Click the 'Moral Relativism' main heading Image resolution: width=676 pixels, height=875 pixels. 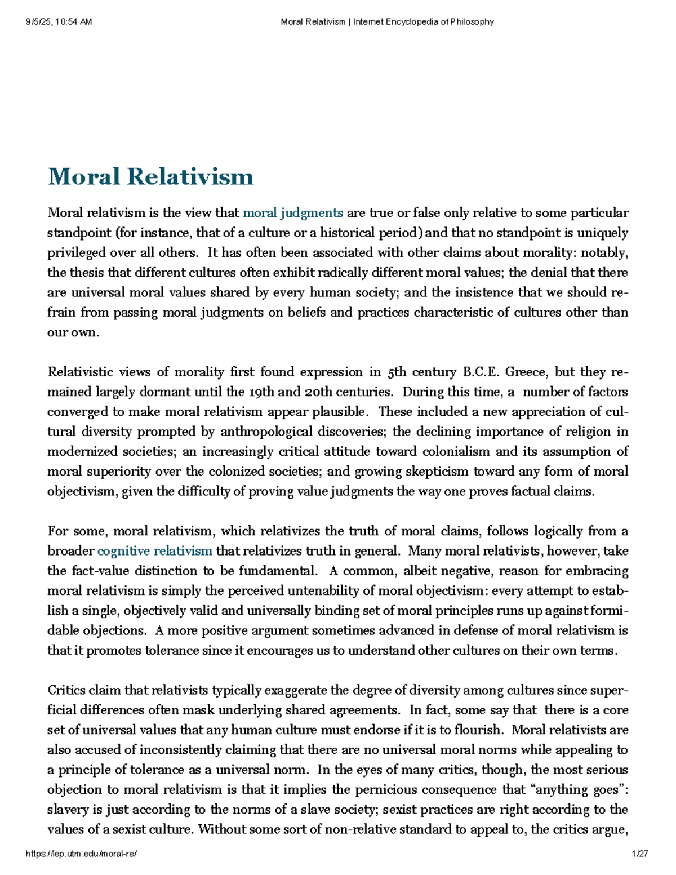pos(151,177)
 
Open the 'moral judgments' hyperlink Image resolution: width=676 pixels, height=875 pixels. pos(292,213)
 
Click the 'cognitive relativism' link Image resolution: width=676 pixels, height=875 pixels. pos(155,551)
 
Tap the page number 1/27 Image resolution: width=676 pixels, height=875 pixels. pos(641,854)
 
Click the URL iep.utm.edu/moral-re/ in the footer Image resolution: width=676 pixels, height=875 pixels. pos(82,854)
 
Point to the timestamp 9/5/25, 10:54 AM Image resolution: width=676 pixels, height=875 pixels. pos(59,22)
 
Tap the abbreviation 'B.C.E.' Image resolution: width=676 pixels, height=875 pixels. pos(481,372)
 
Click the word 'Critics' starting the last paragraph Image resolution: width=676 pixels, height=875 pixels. pos(65,690)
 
